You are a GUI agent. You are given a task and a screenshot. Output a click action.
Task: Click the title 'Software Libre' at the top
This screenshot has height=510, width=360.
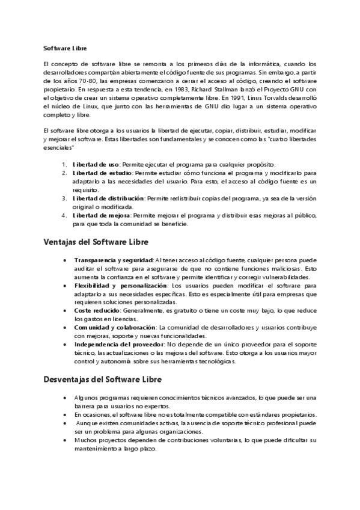click(66, 48)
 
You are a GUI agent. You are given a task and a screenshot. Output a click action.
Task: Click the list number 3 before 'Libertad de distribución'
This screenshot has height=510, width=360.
click(65, 198)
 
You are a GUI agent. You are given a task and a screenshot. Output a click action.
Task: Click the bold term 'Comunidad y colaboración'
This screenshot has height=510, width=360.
click(115, 327)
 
